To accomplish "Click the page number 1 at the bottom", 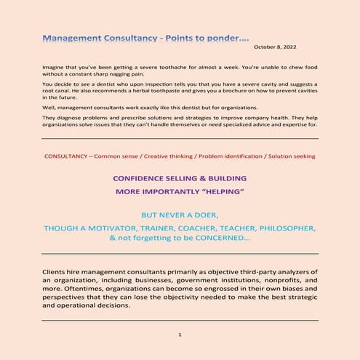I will click(179, 334).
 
